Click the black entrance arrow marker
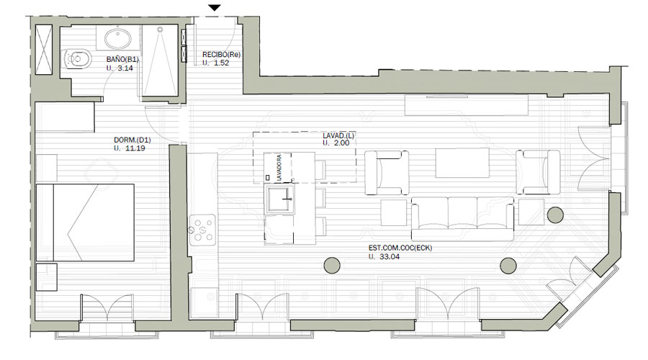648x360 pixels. [215, 8]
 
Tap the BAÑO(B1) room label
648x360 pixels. [122, 60]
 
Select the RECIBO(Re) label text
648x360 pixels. [222, 55]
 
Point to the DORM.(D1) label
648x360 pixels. [132, 140]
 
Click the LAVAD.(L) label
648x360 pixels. [338, 135]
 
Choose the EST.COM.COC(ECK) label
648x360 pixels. [400, 248]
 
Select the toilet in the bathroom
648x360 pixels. [76, 59]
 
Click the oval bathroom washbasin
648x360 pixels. [118, 39]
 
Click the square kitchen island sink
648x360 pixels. [281, 199]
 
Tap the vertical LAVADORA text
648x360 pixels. [279, 168]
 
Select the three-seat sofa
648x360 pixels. [462, 219]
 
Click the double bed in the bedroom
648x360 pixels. [85, 222]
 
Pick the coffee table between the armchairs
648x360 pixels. [462, 163]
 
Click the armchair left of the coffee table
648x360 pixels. [387, 172]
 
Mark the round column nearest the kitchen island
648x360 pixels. [332, 266]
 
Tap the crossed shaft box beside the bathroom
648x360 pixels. [44, 49]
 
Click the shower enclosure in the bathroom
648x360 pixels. [160, 61]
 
